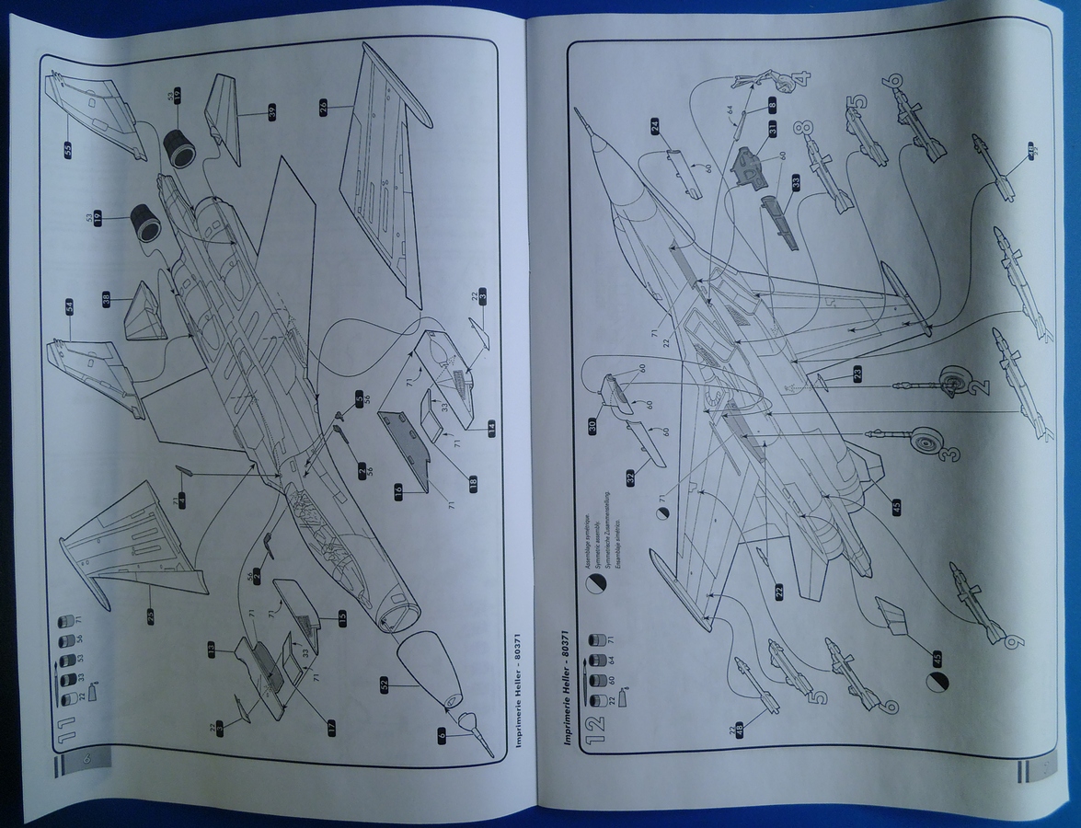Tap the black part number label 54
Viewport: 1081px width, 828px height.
point(69,307)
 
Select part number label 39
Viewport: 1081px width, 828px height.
point(271,111)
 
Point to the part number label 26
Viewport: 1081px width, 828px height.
point(323,108)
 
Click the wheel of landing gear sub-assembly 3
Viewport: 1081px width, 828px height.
point(924,444)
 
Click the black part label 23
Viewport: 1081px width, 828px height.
point(857,375)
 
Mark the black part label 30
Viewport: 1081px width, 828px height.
point(594,425)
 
